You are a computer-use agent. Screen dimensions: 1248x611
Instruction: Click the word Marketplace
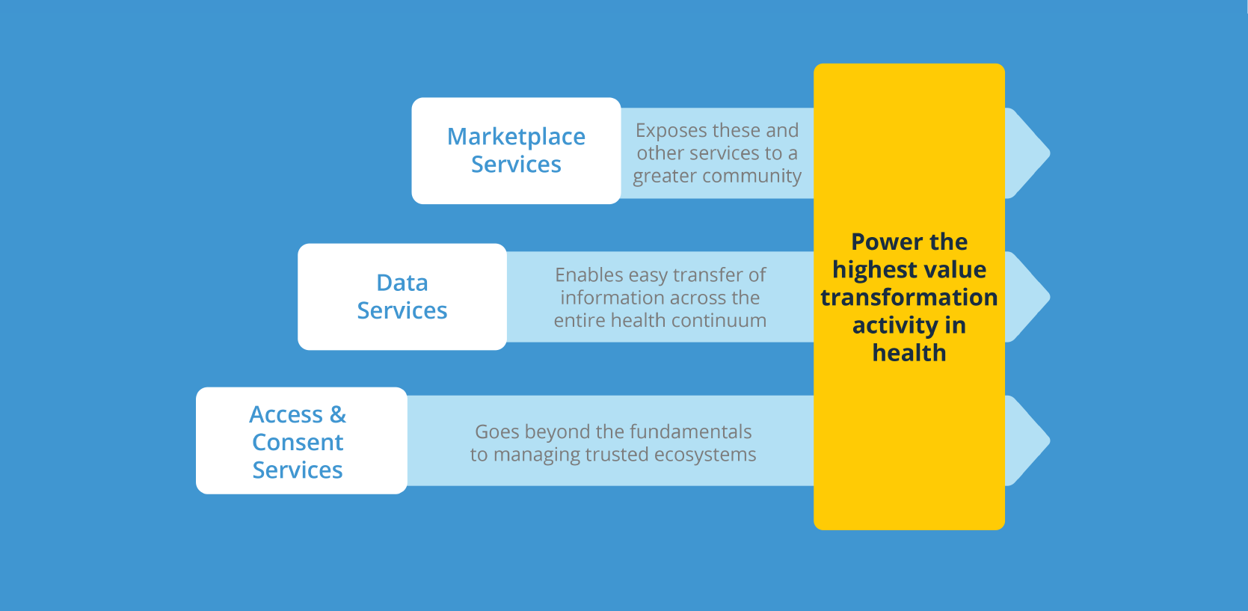tap(516, 137)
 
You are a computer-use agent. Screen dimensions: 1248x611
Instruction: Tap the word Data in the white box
tap(402, 283)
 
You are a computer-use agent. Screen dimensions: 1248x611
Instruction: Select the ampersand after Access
tap(338, 414)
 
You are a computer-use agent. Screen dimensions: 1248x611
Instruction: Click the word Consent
tap(298, 442)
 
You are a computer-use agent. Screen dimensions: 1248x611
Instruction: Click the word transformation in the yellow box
tap(909, 297)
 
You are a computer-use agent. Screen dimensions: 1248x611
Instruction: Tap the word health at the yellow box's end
tap(909, 352)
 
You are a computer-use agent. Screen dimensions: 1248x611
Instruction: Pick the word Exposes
tap(670, 131)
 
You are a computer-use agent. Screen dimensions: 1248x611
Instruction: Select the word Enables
tap(588, 275)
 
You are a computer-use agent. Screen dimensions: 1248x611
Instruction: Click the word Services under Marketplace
tap(516, 165)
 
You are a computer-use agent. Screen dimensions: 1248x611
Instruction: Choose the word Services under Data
tap(402, 310)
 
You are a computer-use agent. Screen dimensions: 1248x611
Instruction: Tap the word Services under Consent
tap(298, 470)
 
